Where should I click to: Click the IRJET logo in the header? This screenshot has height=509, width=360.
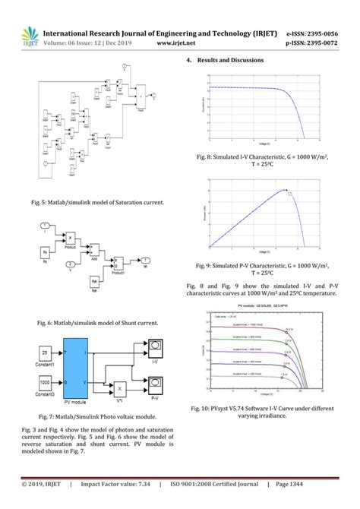28,37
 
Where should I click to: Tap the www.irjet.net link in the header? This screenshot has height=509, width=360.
183,43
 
